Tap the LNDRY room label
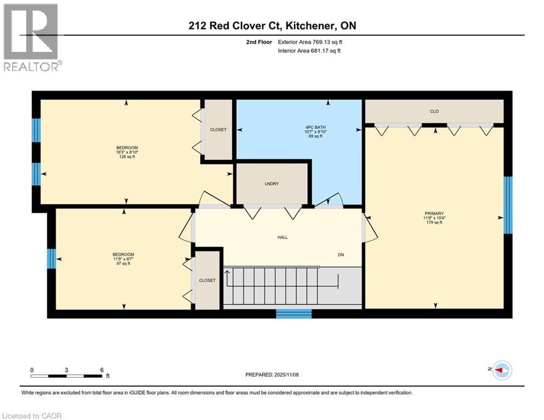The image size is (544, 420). point(272,184)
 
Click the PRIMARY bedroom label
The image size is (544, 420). point(434,214)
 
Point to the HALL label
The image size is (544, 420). point(282,237)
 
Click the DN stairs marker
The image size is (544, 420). point(341,255)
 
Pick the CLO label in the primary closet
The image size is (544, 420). point(434,112)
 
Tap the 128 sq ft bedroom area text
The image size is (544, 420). point(127,157)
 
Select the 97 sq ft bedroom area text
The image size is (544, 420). point(123,264)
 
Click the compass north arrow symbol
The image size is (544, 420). point(501,371)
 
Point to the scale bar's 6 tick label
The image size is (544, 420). point(102,370)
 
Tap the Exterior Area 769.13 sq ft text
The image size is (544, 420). point(310,42)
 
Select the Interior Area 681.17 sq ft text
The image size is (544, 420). point(309,51)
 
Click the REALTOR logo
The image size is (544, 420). point(31,37)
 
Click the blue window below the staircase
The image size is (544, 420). point(294,313)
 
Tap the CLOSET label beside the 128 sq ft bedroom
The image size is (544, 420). point(218,130)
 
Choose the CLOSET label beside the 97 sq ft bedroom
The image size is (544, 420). point(207,281)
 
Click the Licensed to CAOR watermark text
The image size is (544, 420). point(32,416)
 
